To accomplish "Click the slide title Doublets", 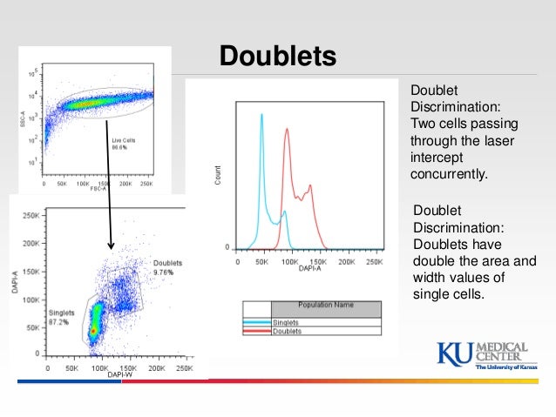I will [x=277, y=56].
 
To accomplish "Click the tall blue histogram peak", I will [x=261, y=118].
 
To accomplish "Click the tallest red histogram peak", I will [x=285, y=131].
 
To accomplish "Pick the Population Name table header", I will [x=325, y=306].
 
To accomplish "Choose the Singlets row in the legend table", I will [x=287, y=322].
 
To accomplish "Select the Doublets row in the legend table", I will [x=288, y=331].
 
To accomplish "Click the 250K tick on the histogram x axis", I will [x=375, y=261].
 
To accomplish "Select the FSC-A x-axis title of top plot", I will [x=103, y=192].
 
